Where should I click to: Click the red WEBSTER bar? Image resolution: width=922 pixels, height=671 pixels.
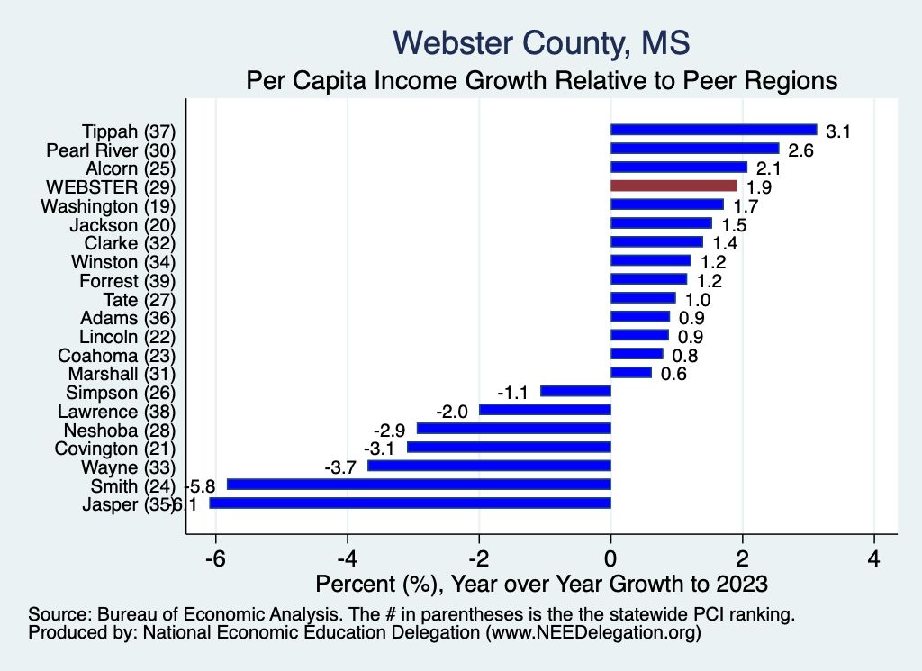pos(673,186)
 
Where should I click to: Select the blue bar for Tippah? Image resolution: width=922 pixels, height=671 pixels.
pos(713,130)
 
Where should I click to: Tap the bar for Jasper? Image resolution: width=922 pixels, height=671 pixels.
pos(410,503)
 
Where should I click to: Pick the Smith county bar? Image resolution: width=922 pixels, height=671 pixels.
pos(419,485)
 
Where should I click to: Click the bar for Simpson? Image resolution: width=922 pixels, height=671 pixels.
pos(575,391)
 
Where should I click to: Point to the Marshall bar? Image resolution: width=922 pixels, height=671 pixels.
pos(630,372)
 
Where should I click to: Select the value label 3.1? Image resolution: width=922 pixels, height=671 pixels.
pos(838,131)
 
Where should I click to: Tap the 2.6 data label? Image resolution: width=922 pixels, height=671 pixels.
pos(800,150)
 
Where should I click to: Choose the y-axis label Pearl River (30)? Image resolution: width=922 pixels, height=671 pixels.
pos(111,150)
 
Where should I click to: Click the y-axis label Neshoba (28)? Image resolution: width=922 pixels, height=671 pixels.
pos(122,430)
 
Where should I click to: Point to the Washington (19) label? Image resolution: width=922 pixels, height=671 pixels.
pos(108,206)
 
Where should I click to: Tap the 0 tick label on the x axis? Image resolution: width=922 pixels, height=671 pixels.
pos(610,557)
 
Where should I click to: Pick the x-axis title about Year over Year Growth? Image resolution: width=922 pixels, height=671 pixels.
pos(542,585)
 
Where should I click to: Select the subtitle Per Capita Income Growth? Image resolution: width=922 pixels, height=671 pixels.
pos(542,80)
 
